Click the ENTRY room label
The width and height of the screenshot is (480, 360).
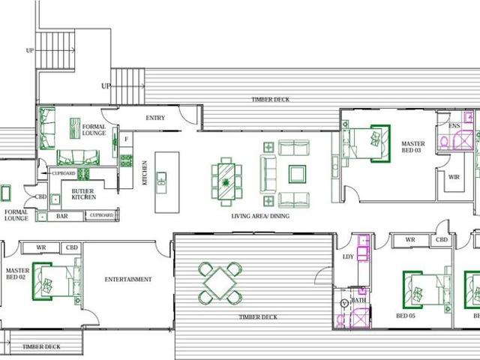155,118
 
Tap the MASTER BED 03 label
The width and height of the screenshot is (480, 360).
412,147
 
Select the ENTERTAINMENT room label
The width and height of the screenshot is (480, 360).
128,280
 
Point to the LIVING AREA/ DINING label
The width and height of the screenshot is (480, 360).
260,216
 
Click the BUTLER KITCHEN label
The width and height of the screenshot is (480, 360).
82,194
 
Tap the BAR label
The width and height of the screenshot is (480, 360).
62,216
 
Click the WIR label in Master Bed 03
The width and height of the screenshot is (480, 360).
453,177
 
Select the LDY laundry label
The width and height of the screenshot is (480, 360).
348,256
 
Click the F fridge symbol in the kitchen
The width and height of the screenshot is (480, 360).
126,139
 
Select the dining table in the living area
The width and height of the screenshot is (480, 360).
225,181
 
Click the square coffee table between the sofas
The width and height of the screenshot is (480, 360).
297,174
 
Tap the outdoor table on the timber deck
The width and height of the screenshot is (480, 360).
220,282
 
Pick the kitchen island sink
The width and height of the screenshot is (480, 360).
161,179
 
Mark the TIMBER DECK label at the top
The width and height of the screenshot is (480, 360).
271,99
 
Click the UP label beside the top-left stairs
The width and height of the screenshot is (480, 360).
30,51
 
